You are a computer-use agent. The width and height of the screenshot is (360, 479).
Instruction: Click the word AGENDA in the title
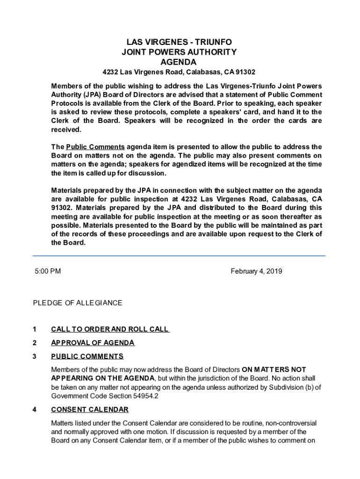(x=179, y=62)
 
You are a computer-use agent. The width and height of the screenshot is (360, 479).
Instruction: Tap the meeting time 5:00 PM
(x=48, y=271)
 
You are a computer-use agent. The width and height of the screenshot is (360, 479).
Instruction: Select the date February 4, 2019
(x=256, y=271)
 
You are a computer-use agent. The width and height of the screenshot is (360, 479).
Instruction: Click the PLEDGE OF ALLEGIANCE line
(x=78, y=303)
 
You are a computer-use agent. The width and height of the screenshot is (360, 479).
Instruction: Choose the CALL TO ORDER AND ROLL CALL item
(x=110, y=329)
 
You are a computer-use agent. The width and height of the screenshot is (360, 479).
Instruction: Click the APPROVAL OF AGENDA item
(x=93, y=343)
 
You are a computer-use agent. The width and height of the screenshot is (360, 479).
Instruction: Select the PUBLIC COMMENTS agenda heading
(x=87, y=356)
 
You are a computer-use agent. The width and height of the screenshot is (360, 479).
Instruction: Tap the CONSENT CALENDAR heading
(x=90, y=410)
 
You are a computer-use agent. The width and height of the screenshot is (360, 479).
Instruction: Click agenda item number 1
(x=35, y=329)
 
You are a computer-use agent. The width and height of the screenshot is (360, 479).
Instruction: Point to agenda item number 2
(x=35, y=343)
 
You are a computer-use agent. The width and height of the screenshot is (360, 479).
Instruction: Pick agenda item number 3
(x=35, y=356)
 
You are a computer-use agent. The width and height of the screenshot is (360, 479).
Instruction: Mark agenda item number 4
(x=35, y=410)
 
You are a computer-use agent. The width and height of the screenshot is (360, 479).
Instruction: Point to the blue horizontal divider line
(x=179, y=256)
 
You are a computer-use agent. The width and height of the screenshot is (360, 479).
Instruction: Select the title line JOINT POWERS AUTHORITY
(x=179, y=52)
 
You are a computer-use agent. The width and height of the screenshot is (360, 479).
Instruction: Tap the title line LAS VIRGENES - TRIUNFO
(x=179, y=42)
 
